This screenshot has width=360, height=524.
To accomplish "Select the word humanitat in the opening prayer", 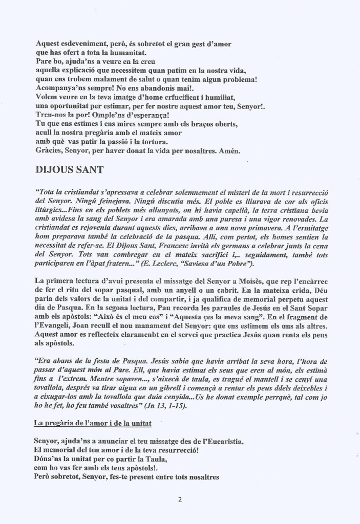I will (130, 51).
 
